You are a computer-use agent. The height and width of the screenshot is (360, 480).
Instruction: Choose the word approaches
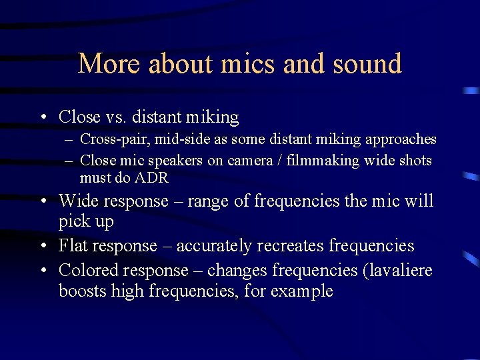click(x=398, y=139)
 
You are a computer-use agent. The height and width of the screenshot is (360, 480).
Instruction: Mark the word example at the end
click(x=302, y=292)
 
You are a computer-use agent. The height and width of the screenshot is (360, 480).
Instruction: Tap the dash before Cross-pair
click(x=69, y=140)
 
